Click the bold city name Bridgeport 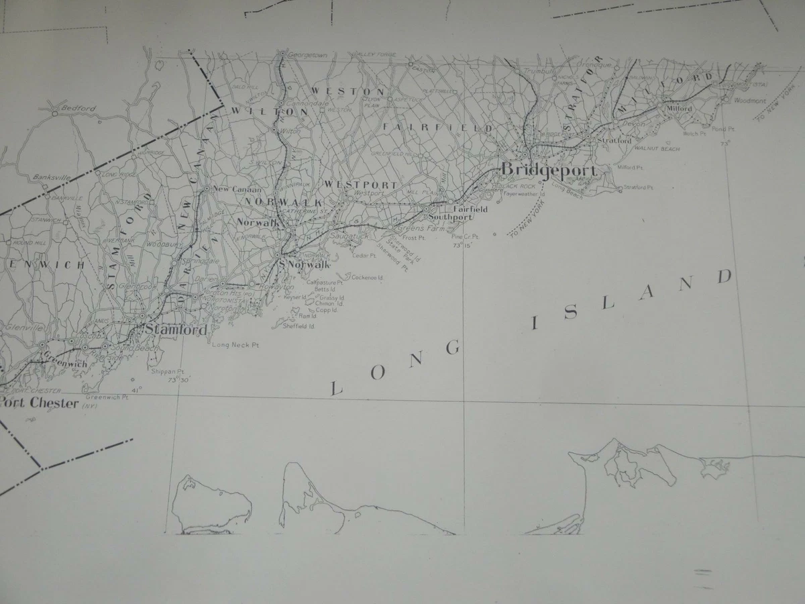pyautogui.click(x=549, y=170)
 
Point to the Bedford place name pyautogui.click(x=78, y=108)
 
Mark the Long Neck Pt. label pyautogui.click(x=235, y=346)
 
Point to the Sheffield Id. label pyautogui.click(x=299, y=325)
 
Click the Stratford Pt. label pyautogui.click(x=637, y=187)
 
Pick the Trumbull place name pyautogui.click(x=539, y=70)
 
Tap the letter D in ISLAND pyautogui.click(x=724, y=277)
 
